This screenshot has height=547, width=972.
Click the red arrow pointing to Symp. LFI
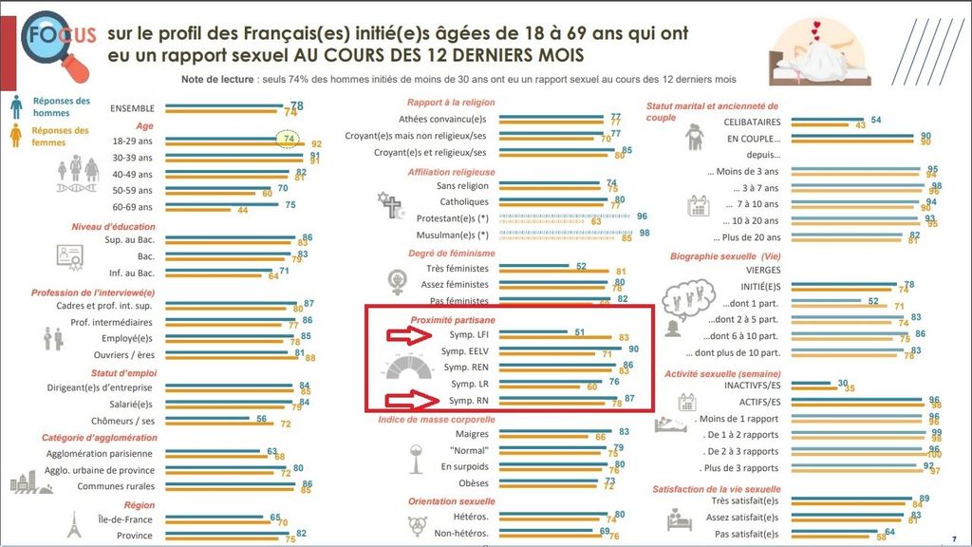coord(409,334)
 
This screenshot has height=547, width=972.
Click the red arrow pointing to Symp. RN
coord(409,400)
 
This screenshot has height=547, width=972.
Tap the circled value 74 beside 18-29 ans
coord(288,139)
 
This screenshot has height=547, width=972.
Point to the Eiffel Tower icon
coord(74,525)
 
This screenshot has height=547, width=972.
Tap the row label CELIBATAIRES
coord(752,123)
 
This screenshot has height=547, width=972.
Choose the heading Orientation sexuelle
coord(451,500)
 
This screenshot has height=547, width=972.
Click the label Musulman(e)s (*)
coord(453,235)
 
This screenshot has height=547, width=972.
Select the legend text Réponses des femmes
coord(60,137)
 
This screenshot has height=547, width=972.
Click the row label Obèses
coord(474,483)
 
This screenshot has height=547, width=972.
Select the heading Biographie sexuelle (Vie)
coord(712,256)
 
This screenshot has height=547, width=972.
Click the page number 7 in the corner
coord(953,538)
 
